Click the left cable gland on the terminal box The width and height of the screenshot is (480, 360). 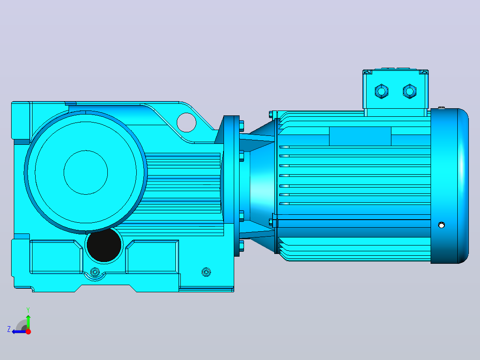tap(382, 91)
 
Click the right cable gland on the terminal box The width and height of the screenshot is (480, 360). tap(410, 91)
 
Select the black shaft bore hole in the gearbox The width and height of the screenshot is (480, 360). tap(104, 245)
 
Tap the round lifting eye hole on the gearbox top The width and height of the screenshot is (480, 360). tap(187, 123)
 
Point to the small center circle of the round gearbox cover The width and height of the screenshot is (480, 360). tap(85, 172)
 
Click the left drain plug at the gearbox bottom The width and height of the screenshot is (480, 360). tap(95, 272)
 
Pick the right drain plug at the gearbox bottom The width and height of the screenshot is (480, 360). tap(206, 272)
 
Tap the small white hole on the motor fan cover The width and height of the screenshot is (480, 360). tap(441, 225)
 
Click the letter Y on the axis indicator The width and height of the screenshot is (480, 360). tap(28, 310)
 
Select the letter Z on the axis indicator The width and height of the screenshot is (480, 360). tap(9, 329)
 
